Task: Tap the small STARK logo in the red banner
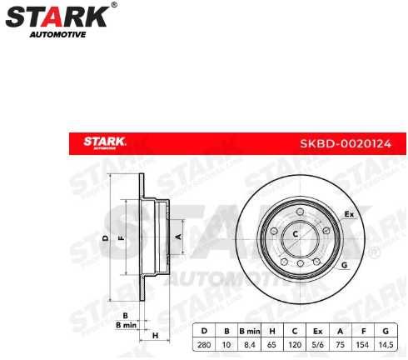pos(104,142)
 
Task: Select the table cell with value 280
pos(204,344)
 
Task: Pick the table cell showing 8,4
pos(250,344)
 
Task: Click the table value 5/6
pos(318,344)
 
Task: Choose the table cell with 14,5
pos(386,344)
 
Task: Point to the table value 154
pos(364,344)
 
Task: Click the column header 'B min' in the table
pos(250,330)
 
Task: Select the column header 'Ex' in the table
pos(318,330)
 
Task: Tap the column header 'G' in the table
pos(386,330)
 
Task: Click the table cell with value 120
pos(295,344)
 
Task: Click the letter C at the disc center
pos(295,235)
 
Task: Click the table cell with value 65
pos(272,344)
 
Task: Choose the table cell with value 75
pos(341,344)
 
